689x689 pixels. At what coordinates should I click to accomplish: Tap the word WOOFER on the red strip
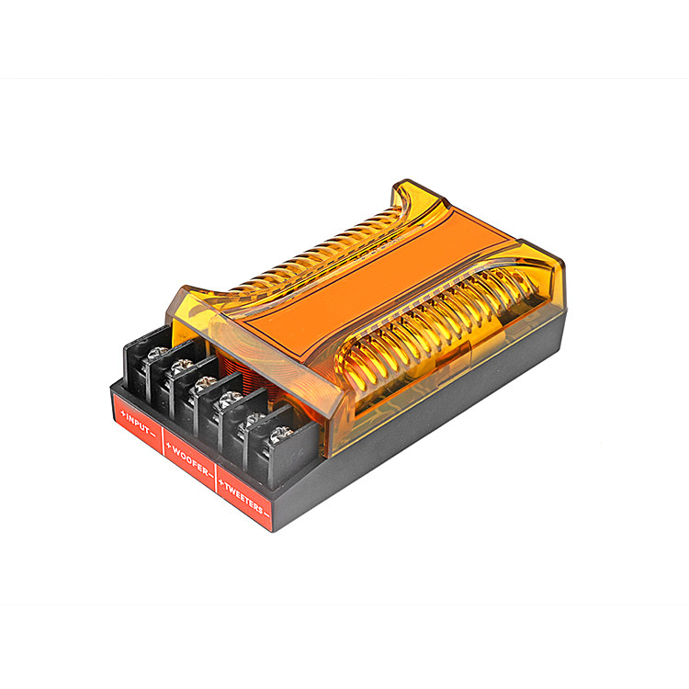pyautogui.click(x=190, y=460)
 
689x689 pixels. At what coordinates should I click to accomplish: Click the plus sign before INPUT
pyautogui.click(x=122, y=413)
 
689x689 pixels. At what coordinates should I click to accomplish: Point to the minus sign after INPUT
pyautogui.click(x=152, y=435)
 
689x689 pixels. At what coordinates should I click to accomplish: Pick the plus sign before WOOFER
pyautogui.click(x=168, y=446)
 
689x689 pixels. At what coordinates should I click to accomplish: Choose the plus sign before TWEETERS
pyautogui.click(x=221, y=484)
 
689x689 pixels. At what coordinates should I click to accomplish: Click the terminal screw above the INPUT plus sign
pyautogui.click(x=157, y=353)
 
